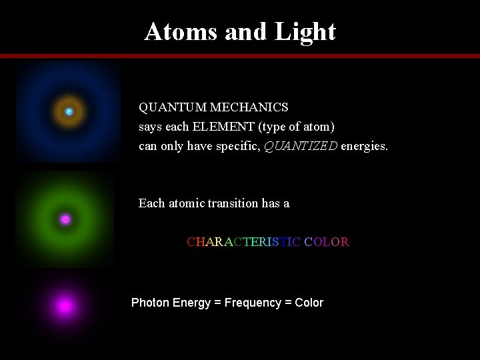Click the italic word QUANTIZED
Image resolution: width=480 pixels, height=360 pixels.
[301, 145]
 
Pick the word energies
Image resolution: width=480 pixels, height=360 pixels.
[364, 145]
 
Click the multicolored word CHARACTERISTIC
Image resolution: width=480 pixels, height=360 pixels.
[243, 241]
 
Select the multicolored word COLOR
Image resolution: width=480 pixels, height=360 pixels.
[327, 241]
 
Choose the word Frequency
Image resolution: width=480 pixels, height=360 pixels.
[253, 303]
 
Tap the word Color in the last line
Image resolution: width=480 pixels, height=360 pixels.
[309, 303]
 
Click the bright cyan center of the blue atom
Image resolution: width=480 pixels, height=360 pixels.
[69, 111]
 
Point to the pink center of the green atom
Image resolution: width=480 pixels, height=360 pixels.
[65, 219]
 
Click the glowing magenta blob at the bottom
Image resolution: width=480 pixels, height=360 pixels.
[65, 306]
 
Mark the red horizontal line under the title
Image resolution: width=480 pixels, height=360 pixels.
[240, 56]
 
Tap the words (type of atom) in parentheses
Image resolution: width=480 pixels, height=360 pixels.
[297, 126]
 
